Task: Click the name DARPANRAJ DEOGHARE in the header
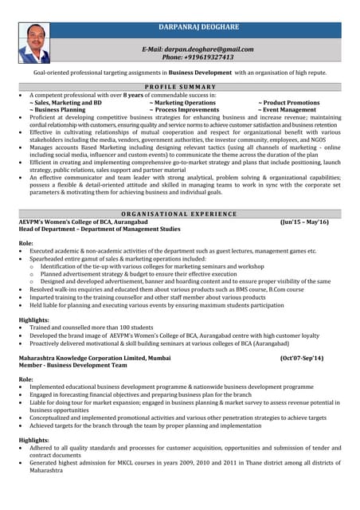(x=197, y=28)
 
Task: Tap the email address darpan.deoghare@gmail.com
(x=197, y=49)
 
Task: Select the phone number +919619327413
(x=198, y=57)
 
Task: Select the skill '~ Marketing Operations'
(x=182, y=102)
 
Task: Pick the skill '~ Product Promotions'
(x=288, y=102)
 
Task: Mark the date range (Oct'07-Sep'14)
(x=302, y=359)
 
